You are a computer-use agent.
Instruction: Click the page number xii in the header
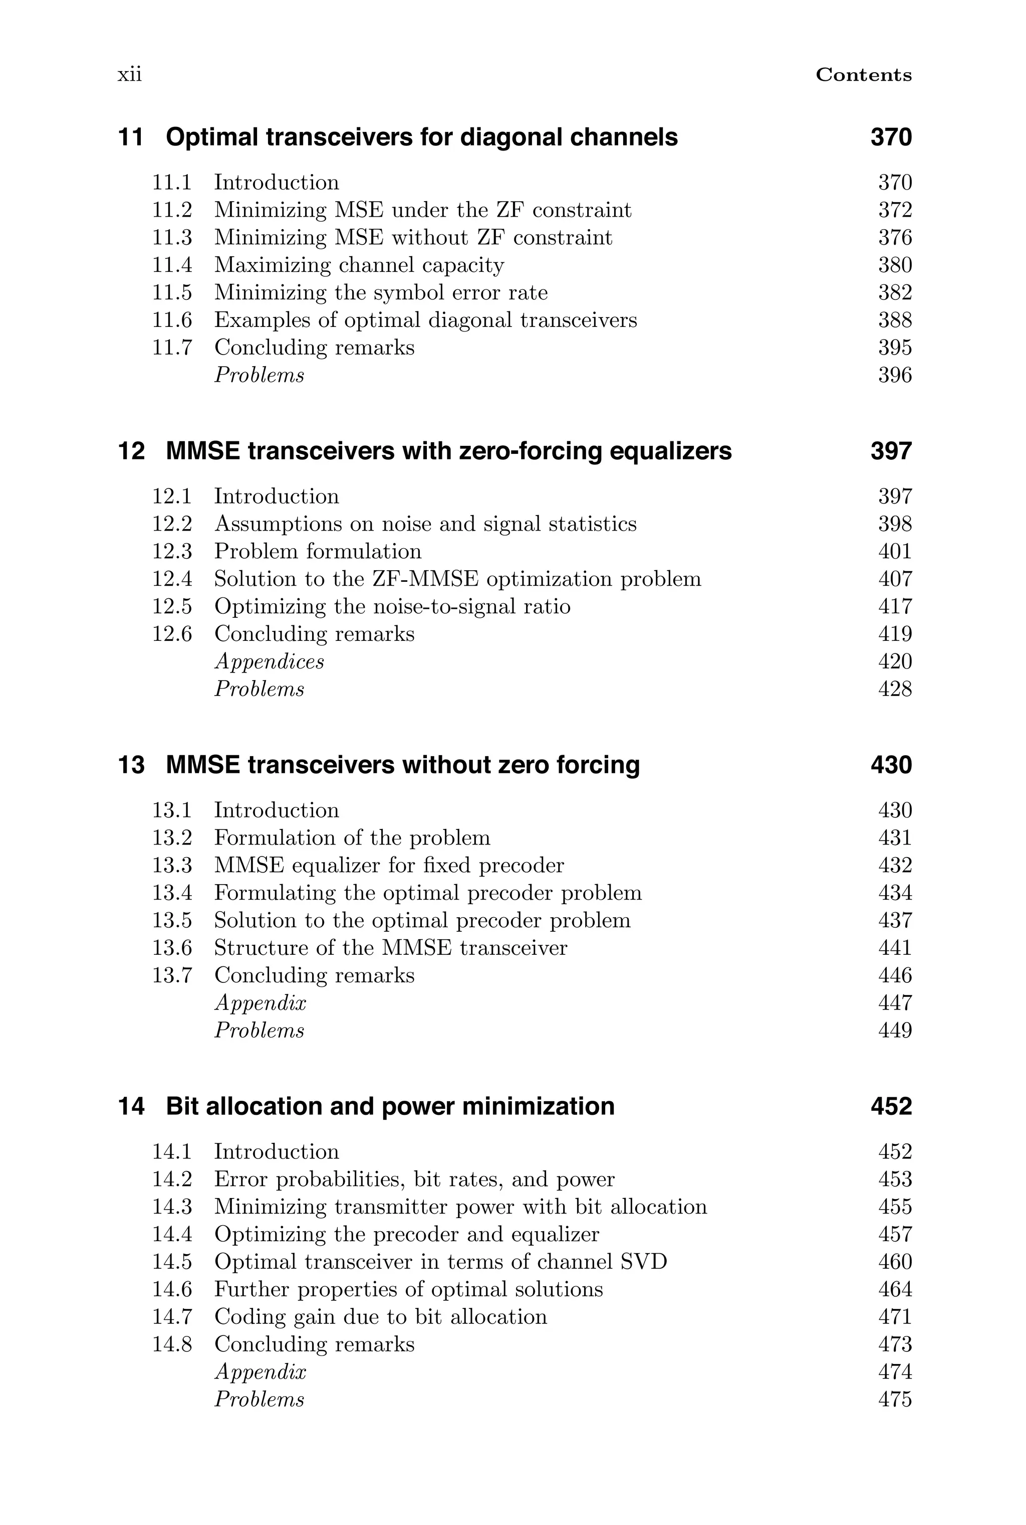130,75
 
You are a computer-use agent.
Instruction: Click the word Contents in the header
863,75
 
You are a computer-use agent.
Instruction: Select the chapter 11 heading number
130,137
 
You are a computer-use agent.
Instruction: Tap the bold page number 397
891,451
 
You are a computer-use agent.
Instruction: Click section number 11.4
172,265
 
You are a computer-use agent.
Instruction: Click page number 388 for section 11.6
894,320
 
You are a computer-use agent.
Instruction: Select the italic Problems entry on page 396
259,375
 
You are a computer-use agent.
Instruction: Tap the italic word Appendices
269,661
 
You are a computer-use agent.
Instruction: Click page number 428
894,689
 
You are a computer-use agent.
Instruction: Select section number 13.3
172,866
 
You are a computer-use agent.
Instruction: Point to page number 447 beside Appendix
894,1003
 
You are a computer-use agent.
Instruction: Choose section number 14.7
172,1317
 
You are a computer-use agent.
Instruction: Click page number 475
894,1399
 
